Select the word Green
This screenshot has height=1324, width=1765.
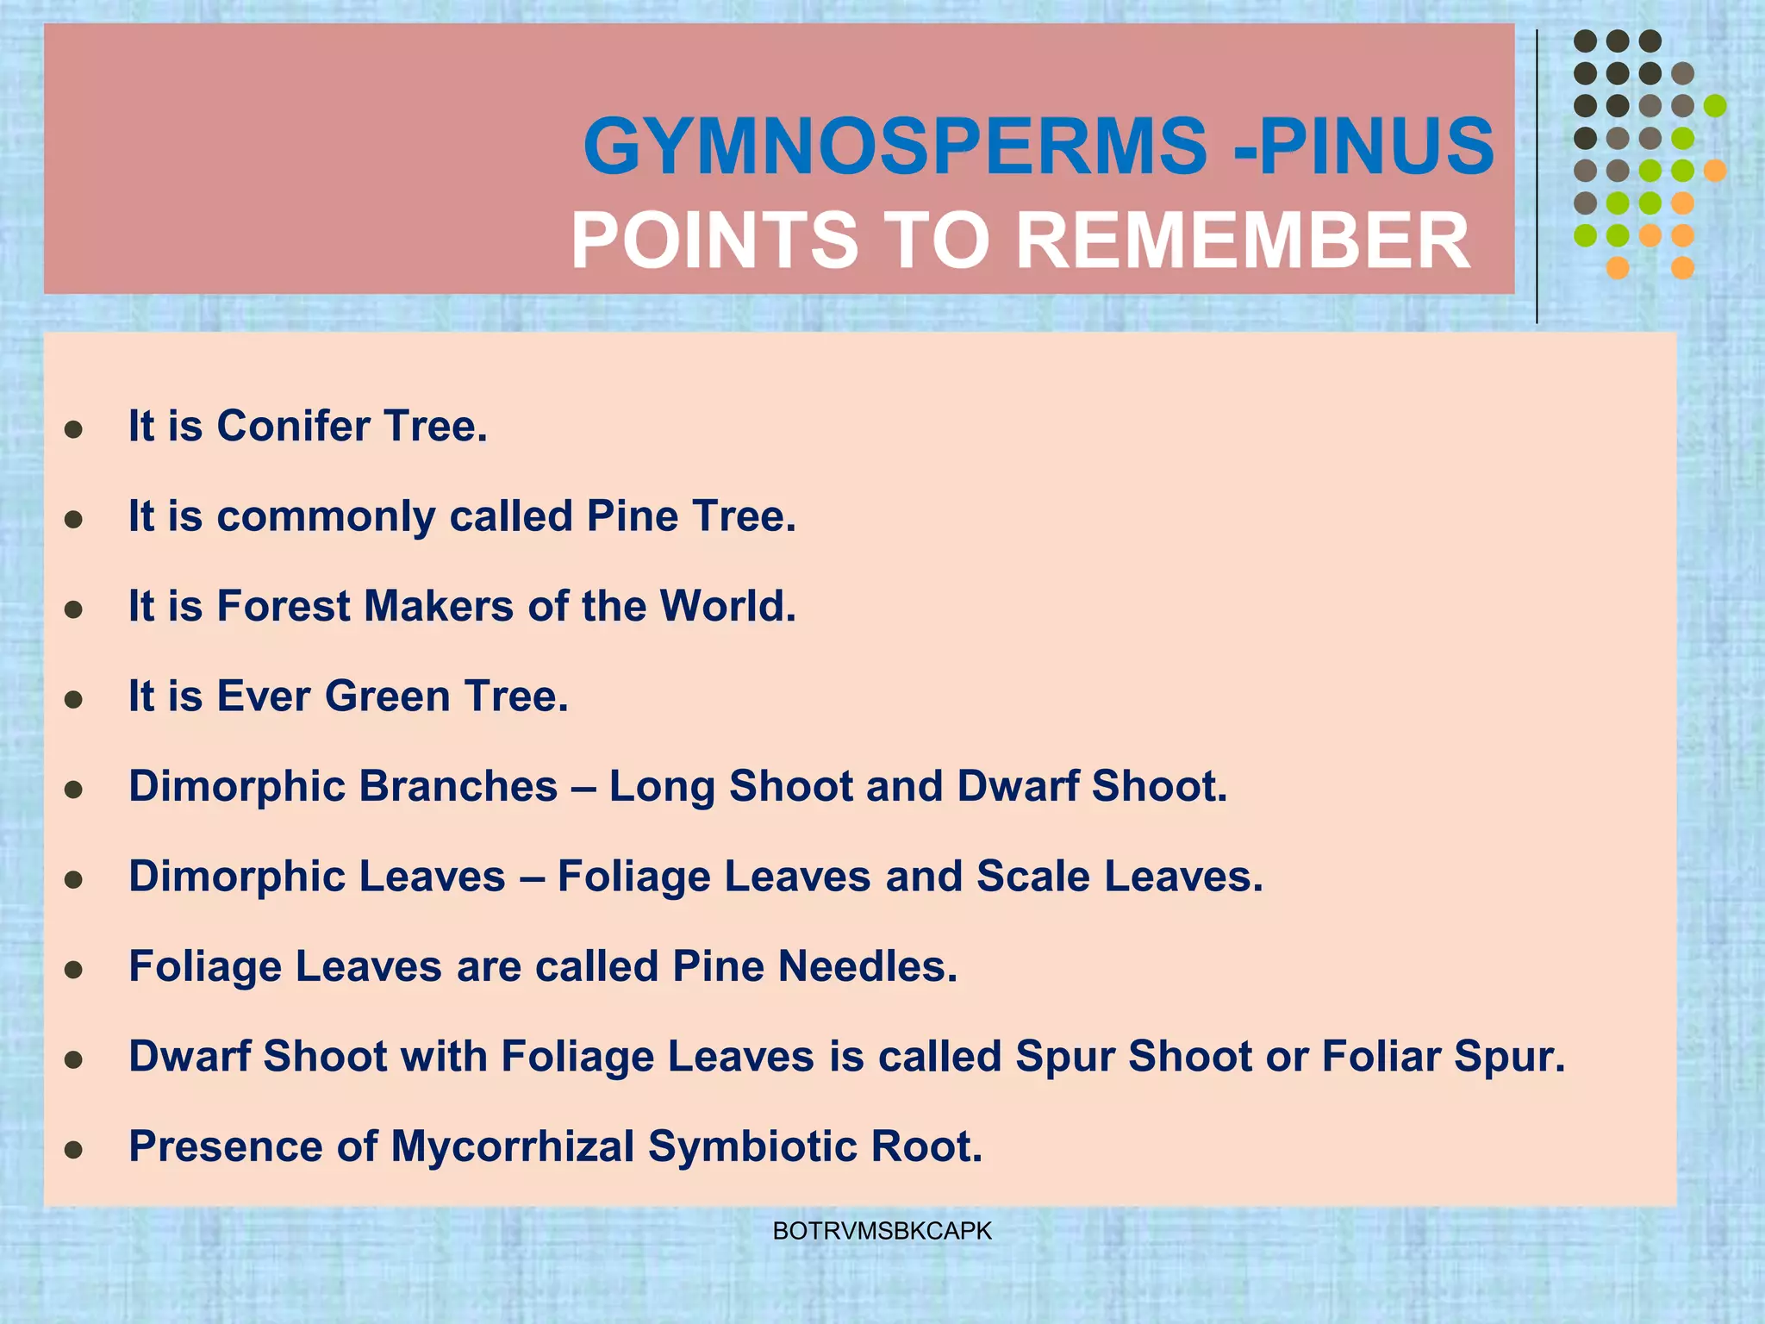(x=387, y=696)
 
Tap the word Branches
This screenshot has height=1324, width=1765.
(x=458, y=786)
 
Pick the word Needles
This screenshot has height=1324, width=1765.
(x=867, y=966)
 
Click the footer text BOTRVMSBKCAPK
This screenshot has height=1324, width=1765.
(x=882, y=1232)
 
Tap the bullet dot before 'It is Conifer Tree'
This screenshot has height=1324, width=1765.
(x=74, y=429)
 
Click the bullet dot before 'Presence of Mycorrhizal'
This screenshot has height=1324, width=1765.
(x=74, y=1150)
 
